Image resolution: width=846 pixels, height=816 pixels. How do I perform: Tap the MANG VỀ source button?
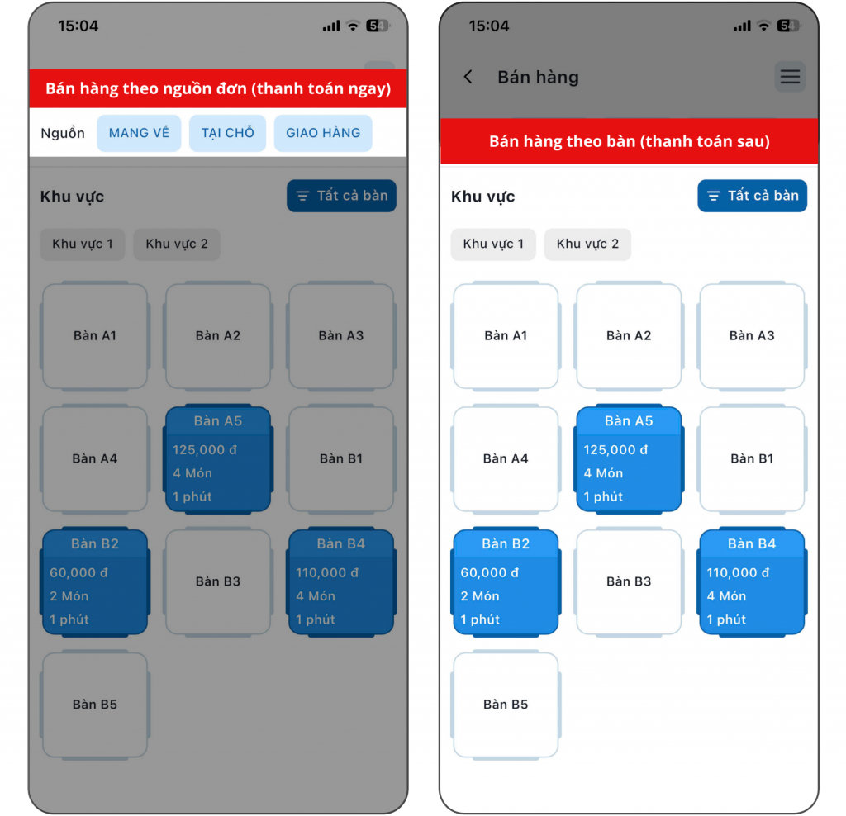139,133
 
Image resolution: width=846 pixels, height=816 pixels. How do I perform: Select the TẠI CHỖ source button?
227,133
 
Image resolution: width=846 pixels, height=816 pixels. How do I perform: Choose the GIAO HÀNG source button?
323,133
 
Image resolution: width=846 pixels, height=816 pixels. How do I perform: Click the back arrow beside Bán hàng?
468,77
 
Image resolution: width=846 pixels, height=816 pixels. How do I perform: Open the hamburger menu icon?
790,77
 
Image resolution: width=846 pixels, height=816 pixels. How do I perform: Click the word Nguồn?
63,133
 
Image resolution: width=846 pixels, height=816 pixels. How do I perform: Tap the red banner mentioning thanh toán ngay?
218,88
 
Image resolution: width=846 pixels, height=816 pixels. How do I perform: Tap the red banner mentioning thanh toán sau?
629,141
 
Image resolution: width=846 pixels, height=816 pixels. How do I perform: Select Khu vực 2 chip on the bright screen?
587,244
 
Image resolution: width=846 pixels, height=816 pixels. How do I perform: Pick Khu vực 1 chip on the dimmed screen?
83,244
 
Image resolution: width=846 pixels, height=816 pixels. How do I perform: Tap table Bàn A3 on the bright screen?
752,335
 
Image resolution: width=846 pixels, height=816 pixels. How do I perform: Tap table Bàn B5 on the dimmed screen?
95,705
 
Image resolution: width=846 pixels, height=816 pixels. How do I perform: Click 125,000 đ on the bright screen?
615,450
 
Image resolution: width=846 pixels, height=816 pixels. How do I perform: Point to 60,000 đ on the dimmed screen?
78,572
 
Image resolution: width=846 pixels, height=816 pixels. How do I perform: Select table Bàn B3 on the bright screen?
629,581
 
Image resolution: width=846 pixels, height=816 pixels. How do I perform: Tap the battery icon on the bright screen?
787,26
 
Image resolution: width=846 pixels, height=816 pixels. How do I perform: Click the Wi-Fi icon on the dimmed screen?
353,26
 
